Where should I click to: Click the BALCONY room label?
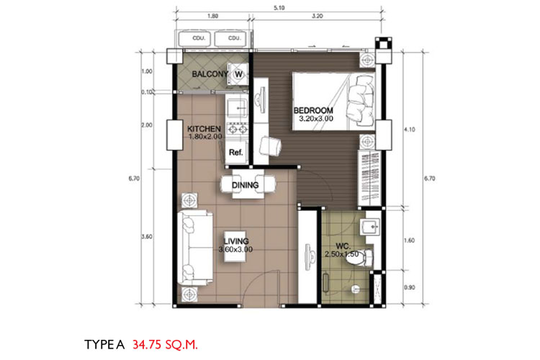coord(210,73)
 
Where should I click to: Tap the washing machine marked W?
coord(238,74)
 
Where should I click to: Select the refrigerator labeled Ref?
coord(236,152)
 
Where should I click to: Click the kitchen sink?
coord(237,107)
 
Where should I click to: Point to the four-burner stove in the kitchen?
coord(237,130)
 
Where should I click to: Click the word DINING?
coord(246,185)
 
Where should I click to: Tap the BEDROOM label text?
coord(313,111)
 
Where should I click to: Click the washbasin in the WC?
coord(370,227)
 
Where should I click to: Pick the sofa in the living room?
coord(194,248)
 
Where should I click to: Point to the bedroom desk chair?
coord(270,146)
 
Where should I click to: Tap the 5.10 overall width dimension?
coord(279,8)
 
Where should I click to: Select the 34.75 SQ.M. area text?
coord(166,344)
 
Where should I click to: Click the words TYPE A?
coord(104,344)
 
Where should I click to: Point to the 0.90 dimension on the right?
coord(410,287)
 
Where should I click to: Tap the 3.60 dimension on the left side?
coord(147,237)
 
